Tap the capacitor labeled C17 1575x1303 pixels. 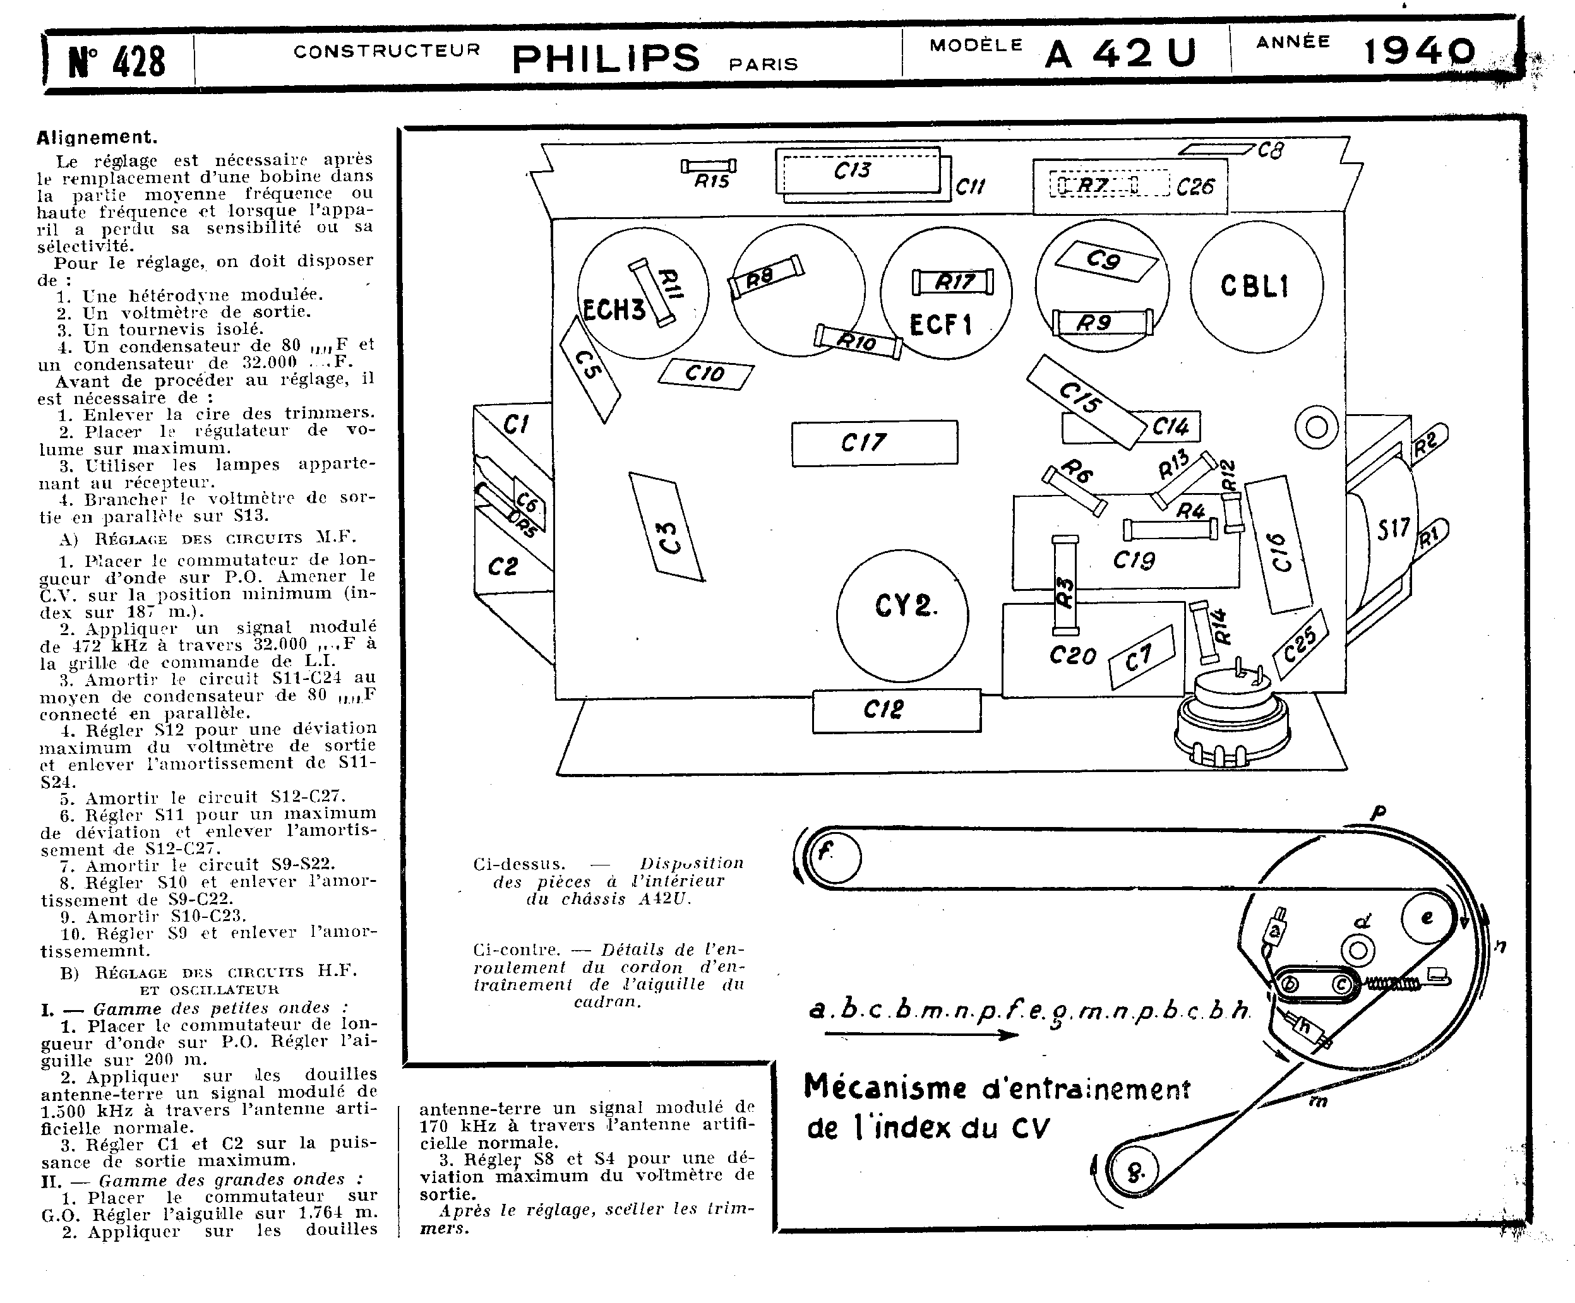point(875,443)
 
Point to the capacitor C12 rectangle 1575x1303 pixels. point(896,710)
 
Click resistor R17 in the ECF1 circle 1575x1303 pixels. point(952,282)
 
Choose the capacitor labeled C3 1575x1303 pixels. point(666,527)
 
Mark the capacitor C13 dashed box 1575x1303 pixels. point(857,170)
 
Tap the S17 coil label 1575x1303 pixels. point(1392,528)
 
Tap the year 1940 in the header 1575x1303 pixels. point(1418,52)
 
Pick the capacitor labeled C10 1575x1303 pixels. point(705,373)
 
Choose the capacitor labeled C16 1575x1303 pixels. point(1278,544)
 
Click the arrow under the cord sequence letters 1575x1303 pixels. point(920,1035)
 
